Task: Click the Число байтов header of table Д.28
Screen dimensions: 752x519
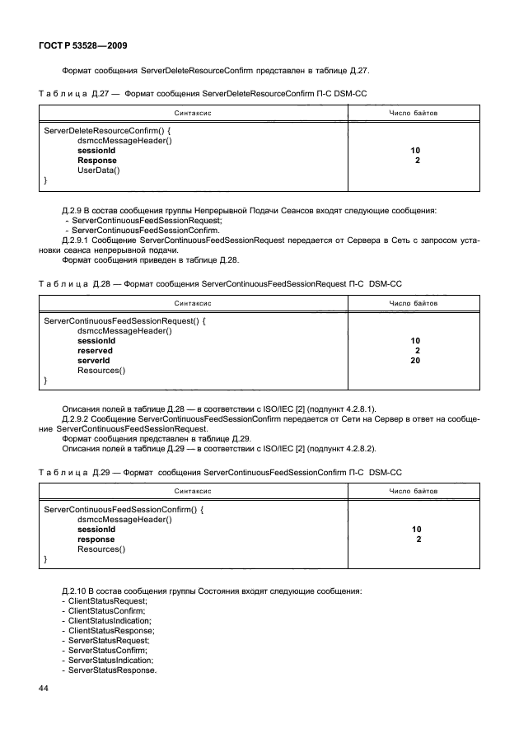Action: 414,304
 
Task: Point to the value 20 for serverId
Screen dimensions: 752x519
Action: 414,361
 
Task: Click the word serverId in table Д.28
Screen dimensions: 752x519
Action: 94,361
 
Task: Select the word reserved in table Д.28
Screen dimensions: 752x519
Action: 95,351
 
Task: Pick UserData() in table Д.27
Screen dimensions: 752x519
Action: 99,170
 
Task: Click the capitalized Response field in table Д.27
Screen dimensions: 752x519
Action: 96,161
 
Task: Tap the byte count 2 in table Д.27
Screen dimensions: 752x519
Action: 418,161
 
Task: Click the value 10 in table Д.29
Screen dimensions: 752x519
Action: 415,530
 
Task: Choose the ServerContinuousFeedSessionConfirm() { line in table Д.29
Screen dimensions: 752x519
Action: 124,510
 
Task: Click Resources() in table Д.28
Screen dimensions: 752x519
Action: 101,371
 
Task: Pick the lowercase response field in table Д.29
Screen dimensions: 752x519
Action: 96,539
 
